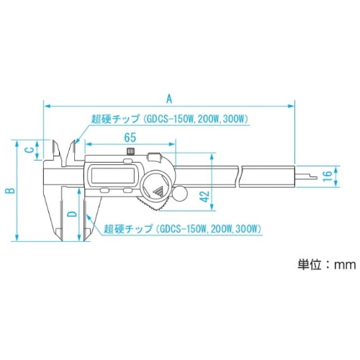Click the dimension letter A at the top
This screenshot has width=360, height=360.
(169, 99)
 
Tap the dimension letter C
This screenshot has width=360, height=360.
(29, 150)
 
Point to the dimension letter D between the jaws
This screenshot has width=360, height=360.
(72, 214)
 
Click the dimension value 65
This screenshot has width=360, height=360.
(130, 138)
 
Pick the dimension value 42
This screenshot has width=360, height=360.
(204, 197)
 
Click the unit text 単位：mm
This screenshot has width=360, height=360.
(327, 264)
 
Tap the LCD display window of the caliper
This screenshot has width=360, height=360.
(112, 176)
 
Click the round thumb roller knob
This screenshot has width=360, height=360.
(179, 194)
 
